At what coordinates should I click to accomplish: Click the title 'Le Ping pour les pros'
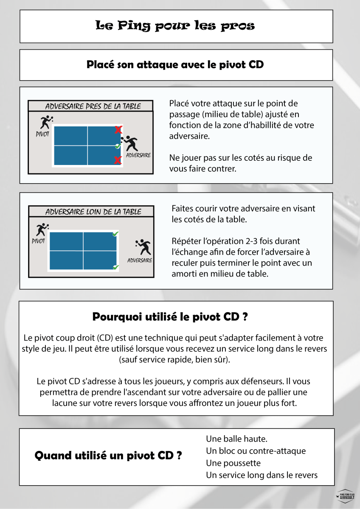(x=175, y=26)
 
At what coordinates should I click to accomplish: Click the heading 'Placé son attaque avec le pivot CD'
(x=175, y=65)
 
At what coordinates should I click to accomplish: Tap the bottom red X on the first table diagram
(x=118, y=160)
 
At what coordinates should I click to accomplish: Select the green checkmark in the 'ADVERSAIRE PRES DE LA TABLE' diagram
(x=118, y=146)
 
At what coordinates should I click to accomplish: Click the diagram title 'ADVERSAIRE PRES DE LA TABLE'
(x=93, y=106)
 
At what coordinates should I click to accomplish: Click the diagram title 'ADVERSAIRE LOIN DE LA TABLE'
(x=93, y=212)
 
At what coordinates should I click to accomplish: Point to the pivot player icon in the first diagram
(x=45, y=122)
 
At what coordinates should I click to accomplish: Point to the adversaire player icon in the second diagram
(x=143, y=247)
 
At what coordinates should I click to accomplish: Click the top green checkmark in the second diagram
(x=115, y=234)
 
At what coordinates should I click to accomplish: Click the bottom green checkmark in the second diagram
(x=115, y=267)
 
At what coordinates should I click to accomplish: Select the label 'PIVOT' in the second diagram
(x=39, y=241)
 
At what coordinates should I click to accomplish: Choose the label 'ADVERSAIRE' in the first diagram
(x=138, y=155)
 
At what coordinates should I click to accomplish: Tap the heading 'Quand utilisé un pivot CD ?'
(x=108, y=456)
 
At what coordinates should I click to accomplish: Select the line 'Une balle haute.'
(x=236, y=439)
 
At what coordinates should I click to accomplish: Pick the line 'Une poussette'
(x=233, y=463)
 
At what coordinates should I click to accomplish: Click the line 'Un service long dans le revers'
(x=262, y=475)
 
